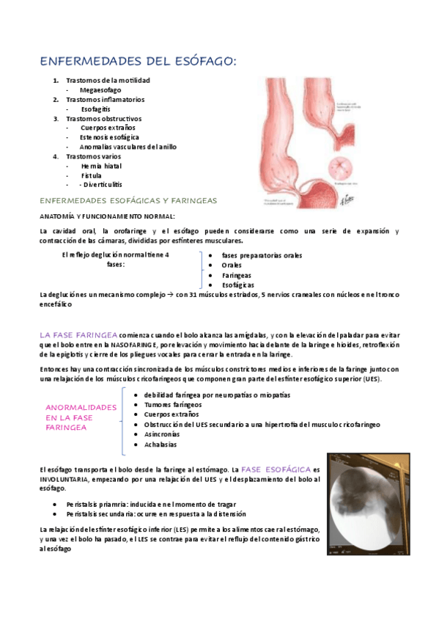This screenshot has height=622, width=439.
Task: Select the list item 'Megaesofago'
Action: [100, 89]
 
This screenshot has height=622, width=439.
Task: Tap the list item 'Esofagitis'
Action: [96, 109]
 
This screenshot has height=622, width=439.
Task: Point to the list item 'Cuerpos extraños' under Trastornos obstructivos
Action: [108, 128]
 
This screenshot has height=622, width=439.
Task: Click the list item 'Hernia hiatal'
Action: [102, 166]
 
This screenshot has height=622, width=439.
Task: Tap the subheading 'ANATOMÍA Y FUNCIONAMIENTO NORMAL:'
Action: [107, 216]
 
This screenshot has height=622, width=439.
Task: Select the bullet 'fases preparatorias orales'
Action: [262, 255]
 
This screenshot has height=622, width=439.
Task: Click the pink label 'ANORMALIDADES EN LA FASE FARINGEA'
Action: [81, 417]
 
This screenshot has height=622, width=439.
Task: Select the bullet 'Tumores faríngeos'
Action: [173, 404]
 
